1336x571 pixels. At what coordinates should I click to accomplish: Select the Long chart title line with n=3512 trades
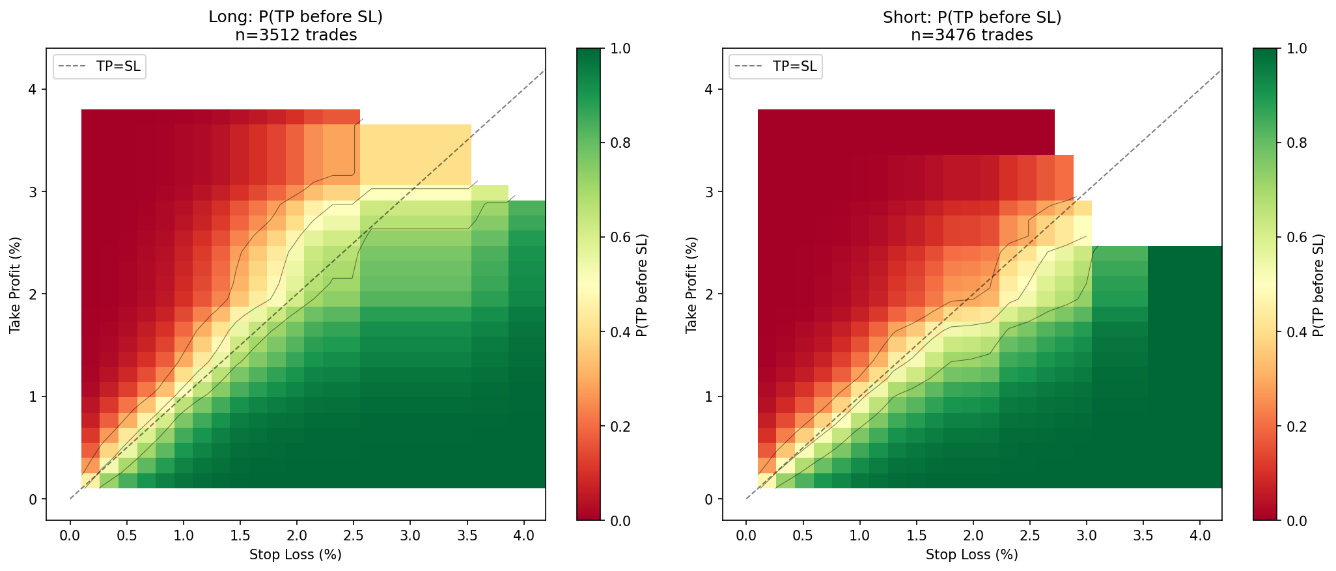tap(296, 35)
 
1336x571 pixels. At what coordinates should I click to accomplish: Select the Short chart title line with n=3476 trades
tap(971, 35)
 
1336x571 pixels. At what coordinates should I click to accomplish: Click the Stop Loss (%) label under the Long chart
tap(296, 555)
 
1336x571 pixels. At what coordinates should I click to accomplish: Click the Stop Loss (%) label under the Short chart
tap(971, 555)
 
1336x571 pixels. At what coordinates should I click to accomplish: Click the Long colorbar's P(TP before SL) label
tap(642, 285)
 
